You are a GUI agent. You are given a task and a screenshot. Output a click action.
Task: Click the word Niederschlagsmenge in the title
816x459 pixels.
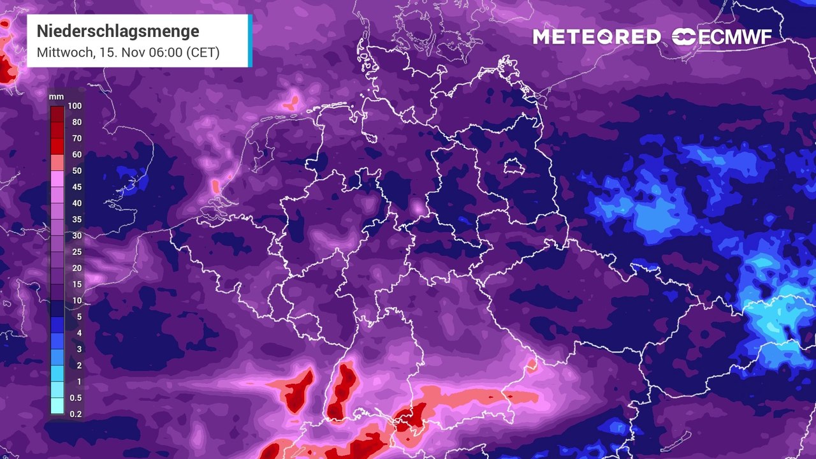[118, 31]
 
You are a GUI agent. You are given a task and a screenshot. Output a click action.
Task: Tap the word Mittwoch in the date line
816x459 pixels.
[62, 52]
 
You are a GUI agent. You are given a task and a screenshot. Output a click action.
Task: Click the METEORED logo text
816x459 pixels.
[597, 37]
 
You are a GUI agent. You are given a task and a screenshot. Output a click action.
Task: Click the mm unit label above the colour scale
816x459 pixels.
[56, 97]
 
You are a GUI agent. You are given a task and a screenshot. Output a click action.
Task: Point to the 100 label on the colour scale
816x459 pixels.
[75, 106]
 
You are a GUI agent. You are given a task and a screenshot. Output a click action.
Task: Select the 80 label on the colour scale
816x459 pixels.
[76, 122]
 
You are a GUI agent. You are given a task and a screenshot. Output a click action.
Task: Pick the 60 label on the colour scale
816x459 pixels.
[76, 155]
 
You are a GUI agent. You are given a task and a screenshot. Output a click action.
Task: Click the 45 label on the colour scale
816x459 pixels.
[76, 187]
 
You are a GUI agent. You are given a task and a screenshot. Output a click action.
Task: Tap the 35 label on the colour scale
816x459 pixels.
[76, 220]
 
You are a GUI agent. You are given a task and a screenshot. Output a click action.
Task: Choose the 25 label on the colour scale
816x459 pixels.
[76, 252]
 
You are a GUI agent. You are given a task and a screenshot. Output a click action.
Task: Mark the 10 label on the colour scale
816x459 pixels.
[76, 300]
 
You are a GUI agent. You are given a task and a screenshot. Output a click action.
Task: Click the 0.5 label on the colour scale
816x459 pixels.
[76, 398]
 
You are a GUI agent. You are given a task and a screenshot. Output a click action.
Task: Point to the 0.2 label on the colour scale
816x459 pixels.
[76, 414]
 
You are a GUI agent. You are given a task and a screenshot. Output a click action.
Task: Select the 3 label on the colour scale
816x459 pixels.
[79, 349]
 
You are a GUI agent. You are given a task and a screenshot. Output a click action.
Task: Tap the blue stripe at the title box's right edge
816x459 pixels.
[250, 40]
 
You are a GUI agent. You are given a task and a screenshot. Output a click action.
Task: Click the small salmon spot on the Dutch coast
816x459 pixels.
[215, 187]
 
